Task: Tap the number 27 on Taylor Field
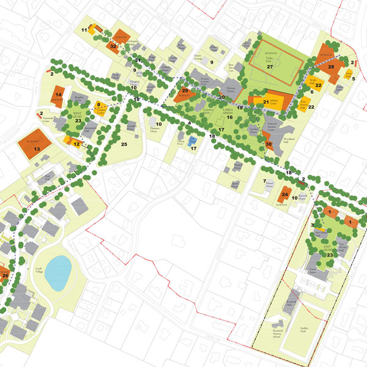[269, 67]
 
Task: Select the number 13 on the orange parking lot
[37, 149]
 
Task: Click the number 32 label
[113, 45]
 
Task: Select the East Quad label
[329, 250]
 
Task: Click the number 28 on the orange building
[331, 67]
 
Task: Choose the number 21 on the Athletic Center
[266, 102]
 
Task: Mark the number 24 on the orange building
[284, 196]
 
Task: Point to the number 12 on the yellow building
[76, 144]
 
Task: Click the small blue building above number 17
[193, 141]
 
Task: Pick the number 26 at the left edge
[5, 276]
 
